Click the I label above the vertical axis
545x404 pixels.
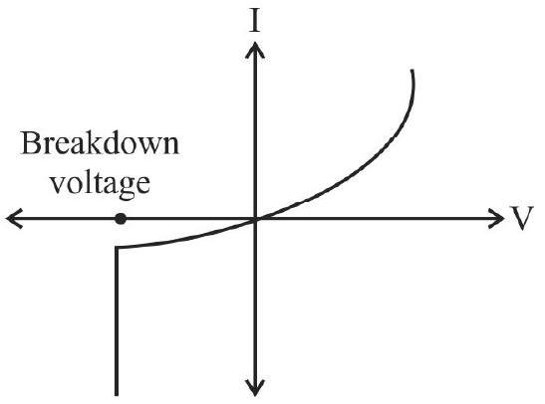255,22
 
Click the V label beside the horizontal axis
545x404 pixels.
521,218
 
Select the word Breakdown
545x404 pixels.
100,143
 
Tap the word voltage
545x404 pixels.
101,183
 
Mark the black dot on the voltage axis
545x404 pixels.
121,219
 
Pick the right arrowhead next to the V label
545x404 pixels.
497,219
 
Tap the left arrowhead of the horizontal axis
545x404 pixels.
13,219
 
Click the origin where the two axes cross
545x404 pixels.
255,219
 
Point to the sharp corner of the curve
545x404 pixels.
117,248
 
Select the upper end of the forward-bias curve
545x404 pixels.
412,71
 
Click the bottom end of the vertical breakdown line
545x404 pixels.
117,395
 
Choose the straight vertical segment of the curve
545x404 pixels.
117,321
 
